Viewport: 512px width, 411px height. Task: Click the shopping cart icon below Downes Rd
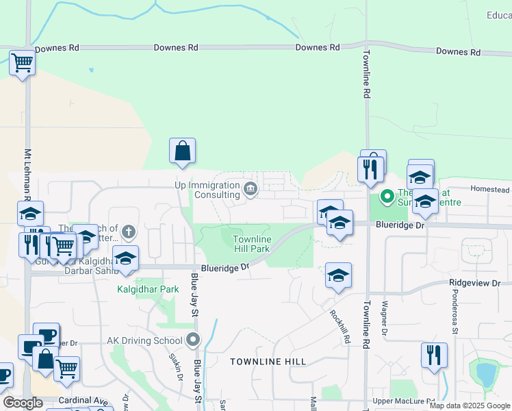pos(22,63)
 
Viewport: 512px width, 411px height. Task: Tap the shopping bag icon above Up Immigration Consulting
pos(182,151)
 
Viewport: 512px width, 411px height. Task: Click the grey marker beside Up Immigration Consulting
pos(251,189)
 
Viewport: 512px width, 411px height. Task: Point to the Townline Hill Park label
pos(251,244)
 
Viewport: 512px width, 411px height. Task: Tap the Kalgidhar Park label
pos(147,289)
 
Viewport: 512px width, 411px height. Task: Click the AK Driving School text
pos(144,340)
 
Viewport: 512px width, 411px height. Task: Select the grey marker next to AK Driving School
pos(194,340)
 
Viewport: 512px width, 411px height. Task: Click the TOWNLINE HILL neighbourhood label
pos(268,361)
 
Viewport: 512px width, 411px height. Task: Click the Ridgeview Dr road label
pos(475,283)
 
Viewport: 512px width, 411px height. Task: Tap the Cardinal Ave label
pos(83,401)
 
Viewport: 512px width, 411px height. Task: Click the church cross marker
pos(127,233)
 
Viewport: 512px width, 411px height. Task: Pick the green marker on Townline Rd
pos(387,197)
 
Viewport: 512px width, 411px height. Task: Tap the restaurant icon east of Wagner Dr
pos(434,355)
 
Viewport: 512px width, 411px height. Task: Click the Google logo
pos(23,403)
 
